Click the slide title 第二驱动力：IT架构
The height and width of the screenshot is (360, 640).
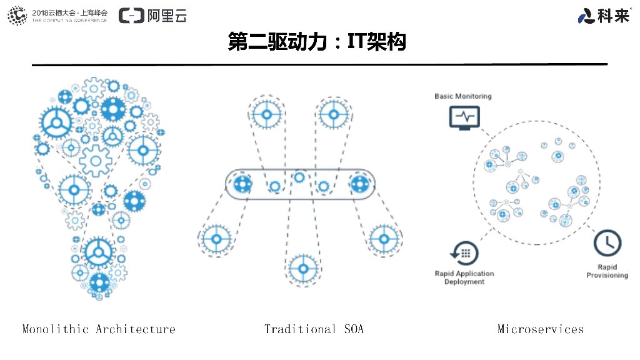[x=317, y=42]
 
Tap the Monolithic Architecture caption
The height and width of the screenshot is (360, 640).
[x=99, y=329]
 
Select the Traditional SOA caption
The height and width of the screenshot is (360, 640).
[x=314, y=329]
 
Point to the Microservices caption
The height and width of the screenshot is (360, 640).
[x=541, y=329]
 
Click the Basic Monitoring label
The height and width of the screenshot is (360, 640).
[x=463, y=96]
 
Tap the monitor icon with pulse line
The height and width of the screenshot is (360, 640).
[x=464, y=117]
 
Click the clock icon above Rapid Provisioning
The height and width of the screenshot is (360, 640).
[x=607, y=243]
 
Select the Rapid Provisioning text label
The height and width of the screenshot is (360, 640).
[x=607, y=271]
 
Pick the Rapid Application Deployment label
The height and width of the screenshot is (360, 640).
[x=464, y=277]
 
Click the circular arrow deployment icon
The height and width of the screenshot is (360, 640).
[x=464, y=253]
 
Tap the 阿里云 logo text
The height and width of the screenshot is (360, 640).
[x=167, y=16]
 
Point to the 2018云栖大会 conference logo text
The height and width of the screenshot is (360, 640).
[x=69, y=12]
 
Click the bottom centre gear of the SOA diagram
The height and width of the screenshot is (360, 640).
[x=304, y=269]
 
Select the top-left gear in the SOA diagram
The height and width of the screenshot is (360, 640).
[x=267, y=114]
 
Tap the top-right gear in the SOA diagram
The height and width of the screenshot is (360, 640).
[x=334, y=114]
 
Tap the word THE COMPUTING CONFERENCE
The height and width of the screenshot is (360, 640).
[x=69, y=21]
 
